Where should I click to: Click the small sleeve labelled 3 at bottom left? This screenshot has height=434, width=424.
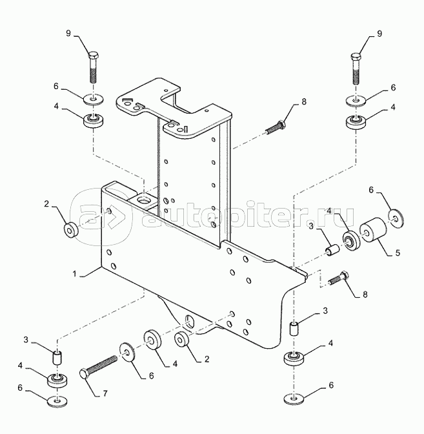point(57,356)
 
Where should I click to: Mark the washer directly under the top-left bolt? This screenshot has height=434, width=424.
point(94,99)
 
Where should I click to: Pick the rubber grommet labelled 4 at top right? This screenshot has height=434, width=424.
point(354,121)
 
